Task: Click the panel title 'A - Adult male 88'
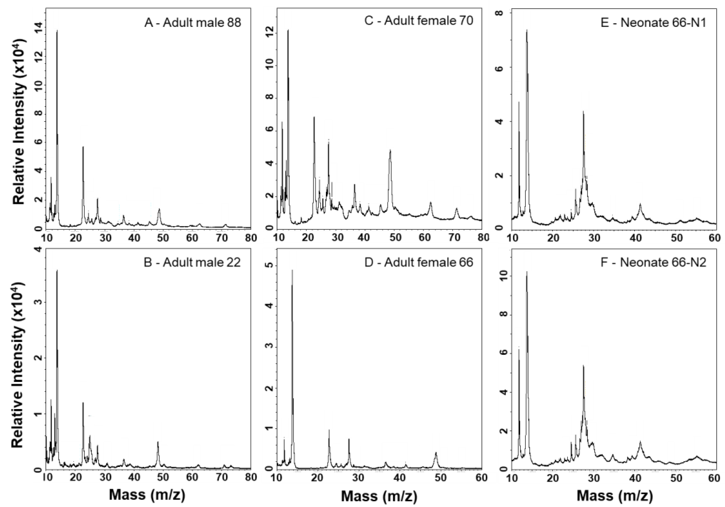[193, 23]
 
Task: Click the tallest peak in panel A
[57, 31]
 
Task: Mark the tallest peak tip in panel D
[292, 270]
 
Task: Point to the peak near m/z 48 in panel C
[390, 150]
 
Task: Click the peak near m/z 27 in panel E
[583, 112]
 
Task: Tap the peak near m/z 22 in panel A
[83, 147]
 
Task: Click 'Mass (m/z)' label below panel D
[379, 496]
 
